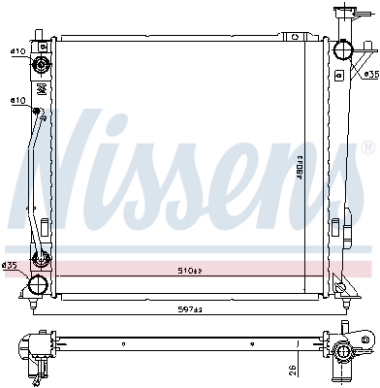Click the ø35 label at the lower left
(10, 265)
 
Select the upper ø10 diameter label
(17, 50)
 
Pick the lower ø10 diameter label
(17, 100)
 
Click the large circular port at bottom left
(38, 285)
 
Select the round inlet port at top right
(342, 51)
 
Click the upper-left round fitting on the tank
(41, 65)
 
